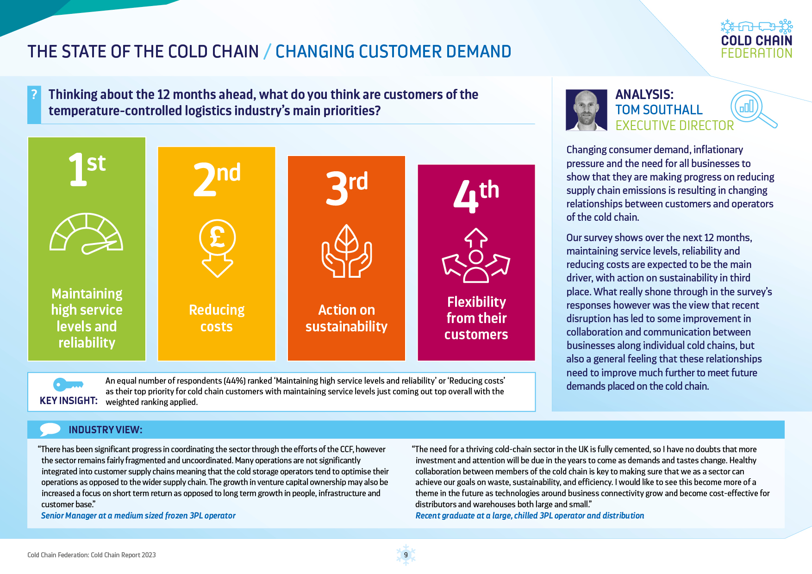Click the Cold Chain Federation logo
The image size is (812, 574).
point(756,39)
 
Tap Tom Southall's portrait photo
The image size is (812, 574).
point(586,110)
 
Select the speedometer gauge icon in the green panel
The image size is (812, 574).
point(87,234)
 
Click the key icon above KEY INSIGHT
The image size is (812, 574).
point(68,384)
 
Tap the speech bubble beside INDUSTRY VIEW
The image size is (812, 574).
point(50,429)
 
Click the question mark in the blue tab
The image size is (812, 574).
point(34,94)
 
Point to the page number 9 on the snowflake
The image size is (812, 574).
point(406,555)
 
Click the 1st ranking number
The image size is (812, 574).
point(87,169)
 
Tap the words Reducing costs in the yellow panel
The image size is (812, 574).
point(217,318)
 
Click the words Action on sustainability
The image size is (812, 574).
point(346,318)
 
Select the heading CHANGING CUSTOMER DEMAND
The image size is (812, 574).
point(393,51)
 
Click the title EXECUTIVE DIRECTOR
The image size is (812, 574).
point(675,125)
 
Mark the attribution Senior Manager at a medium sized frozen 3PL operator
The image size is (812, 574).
point(138,515)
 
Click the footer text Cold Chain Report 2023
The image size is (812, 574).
point(123,555)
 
